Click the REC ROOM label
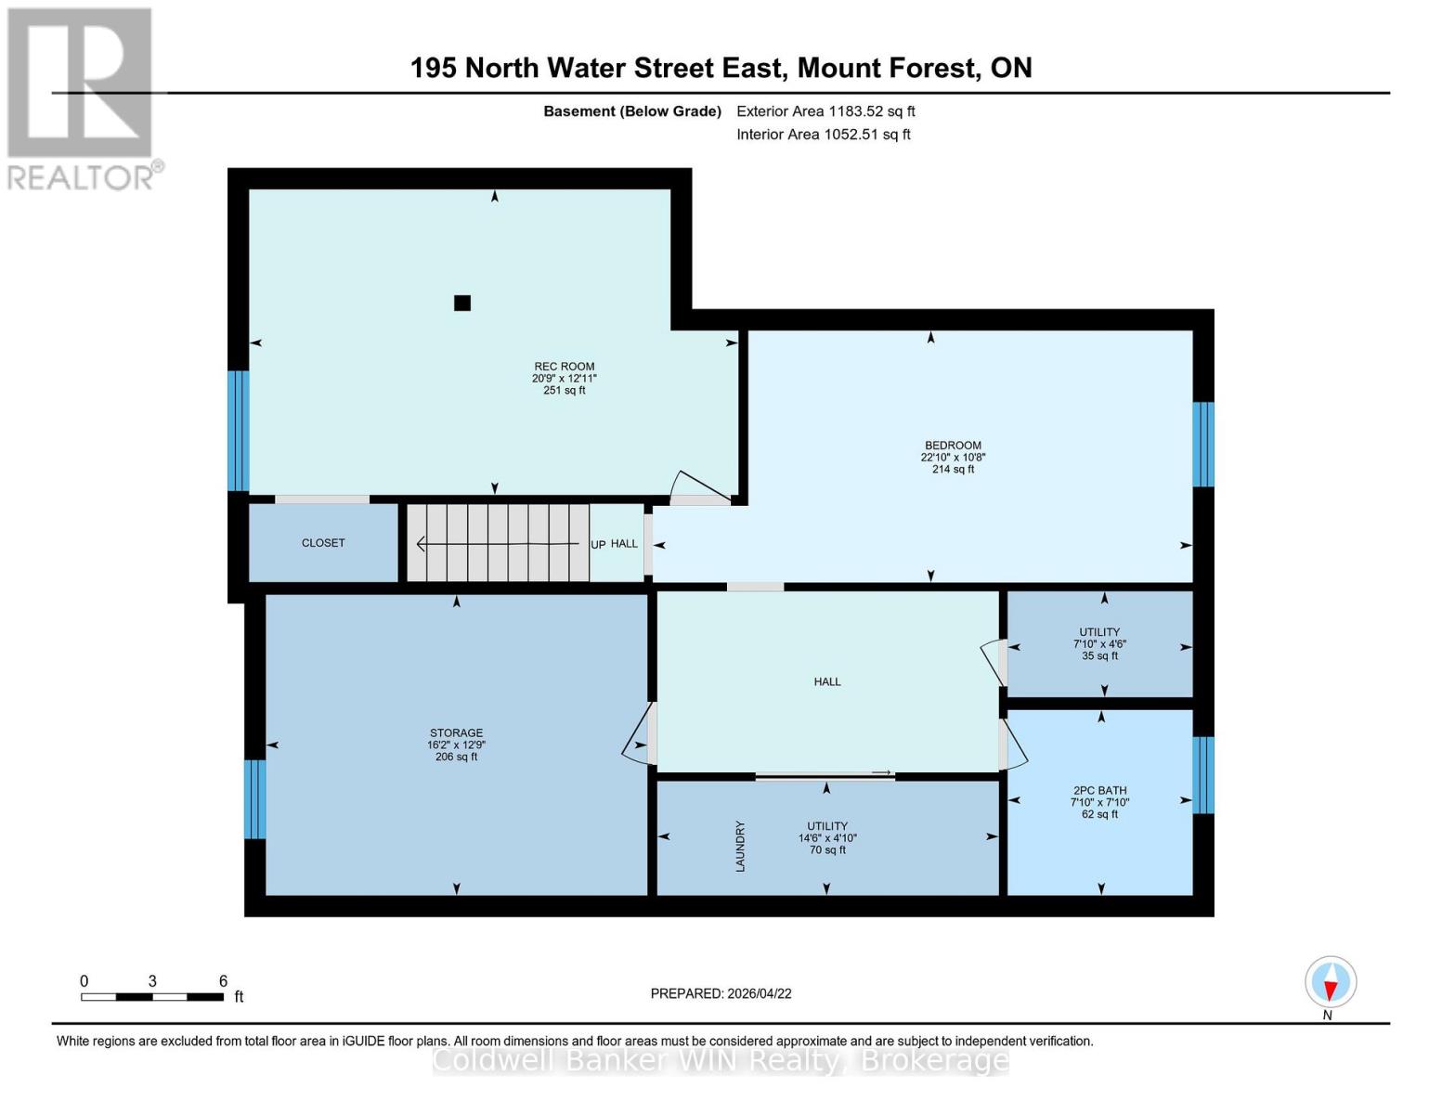coord(564,367)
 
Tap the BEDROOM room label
coord(953,446)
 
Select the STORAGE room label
coord(456,733)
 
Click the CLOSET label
coord(323,543)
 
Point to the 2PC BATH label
coord(1099,791)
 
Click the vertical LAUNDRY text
coord(741,846)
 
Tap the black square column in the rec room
coord(462,303)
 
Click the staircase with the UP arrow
coord(498,544)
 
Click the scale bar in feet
coord(152,997)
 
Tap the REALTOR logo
coord(81,97)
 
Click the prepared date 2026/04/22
coord(721,993)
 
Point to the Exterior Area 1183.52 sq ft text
coord(825,111)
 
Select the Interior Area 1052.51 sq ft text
coord(824,135)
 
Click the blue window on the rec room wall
coord(239,431)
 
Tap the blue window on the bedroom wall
coord(1203,445)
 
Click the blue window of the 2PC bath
coord(1203,775)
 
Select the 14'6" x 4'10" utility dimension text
coord(827,838)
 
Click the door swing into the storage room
coord(638,734)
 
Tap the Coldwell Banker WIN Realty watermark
coord(721,1060)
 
